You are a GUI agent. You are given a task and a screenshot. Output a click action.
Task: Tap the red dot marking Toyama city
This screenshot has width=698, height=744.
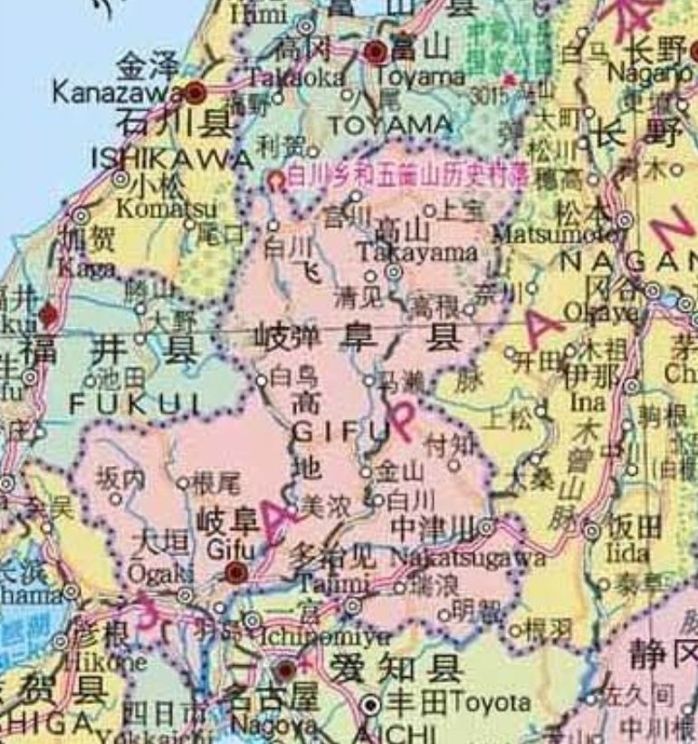[x=377, y=52]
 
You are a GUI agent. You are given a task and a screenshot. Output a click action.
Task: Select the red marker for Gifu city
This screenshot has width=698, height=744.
[x=236, y=572]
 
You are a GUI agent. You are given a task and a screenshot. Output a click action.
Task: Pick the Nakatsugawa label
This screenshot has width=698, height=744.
[x=467, y=556]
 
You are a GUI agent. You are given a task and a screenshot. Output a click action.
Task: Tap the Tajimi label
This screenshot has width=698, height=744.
[x=323, y=582]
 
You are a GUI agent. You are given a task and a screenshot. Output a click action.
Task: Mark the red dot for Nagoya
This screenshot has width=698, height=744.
[x=285, y=671]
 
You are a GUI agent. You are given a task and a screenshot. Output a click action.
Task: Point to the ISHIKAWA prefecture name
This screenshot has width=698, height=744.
[x=172, y=159]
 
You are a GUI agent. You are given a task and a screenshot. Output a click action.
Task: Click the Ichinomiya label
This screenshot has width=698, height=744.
[x=315, y=637]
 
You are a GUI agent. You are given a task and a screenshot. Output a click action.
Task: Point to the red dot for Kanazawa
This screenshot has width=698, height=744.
[x=196, y=90]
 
